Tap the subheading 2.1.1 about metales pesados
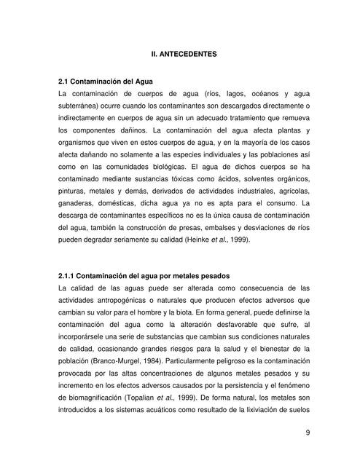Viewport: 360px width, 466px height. (143, 276)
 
